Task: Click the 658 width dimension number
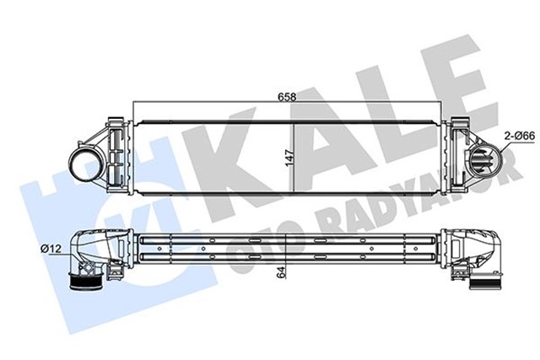[x=289, y=96]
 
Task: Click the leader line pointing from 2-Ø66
[x=504, y=148]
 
